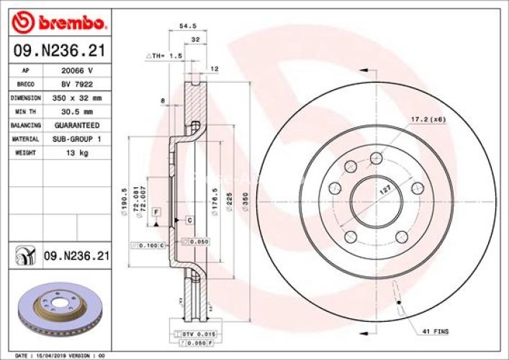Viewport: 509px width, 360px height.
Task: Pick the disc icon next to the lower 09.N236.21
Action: click(25, 255)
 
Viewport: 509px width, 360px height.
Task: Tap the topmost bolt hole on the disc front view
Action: click(375, 158)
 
